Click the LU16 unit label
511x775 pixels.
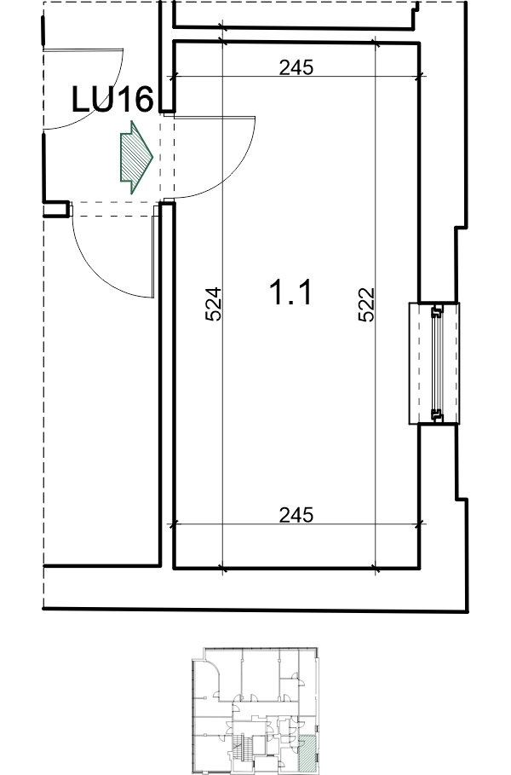pyautogui.click(x=112, y=99)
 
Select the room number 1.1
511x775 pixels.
pyautogui.click(x=290, y=292)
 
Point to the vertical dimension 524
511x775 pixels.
pyautogui.click(x=213, y=304)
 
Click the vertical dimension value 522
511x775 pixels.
pyautogui.click(x=366, y=304)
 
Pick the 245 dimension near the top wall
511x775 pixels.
pyautogui.click(x=296, y=67)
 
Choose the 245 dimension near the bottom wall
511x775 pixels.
pyautogui.click(x=296, y=515)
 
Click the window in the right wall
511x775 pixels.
pyautogui.click(x=434, y=363)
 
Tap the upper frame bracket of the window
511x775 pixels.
pyautogui.click(x=438, y=311)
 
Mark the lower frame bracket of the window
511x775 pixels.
pyautogui.click(x=438, y=416)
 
